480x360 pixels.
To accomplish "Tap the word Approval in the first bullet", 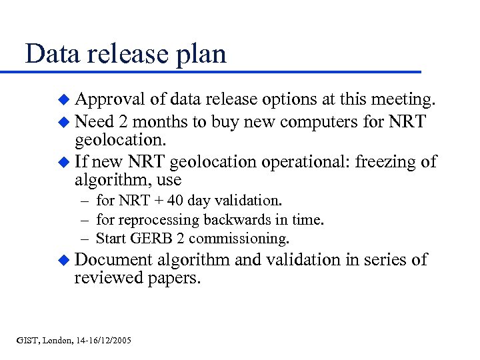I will (111, 100).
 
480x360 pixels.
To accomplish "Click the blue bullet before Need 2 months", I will (64, 123).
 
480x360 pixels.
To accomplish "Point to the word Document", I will (114, 259).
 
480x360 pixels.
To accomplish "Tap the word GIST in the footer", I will (28, 341).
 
